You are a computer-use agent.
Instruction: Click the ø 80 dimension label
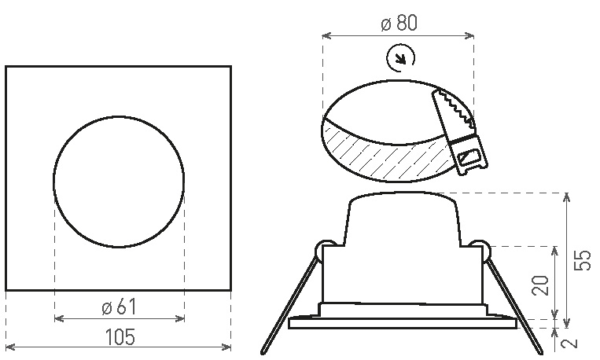(x=399, y=23)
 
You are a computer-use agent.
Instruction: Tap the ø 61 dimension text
(x=119, y=307)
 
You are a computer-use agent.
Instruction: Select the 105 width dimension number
(x=120, y=336)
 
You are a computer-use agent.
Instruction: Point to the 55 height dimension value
(x=583, y=260)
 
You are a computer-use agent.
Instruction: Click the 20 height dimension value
(x=540, y=285)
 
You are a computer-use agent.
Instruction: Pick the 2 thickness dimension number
(x=570, y=342)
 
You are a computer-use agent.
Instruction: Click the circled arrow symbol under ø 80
(x=400, y=58)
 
